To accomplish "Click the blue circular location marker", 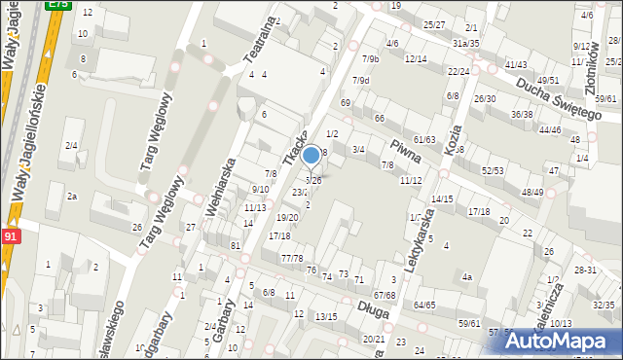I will [311, 155].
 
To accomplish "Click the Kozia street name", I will [452, 140].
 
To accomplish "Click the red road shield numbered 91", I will [10, 236].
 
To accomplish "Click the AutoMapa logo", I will [562, 341].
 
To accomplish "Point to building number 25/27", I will [434, 24].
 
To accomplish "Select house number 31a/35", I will [466, 43].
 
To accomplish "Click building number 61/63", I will [423, 140].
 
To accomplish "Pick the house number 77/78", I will [292, 258].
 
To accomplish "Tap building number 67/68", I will [385, 295].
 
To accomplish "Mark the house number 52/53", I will [493, 170].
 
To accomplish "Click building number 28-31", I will [585, 270].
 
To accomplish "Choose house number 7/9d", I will [361, 80].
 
